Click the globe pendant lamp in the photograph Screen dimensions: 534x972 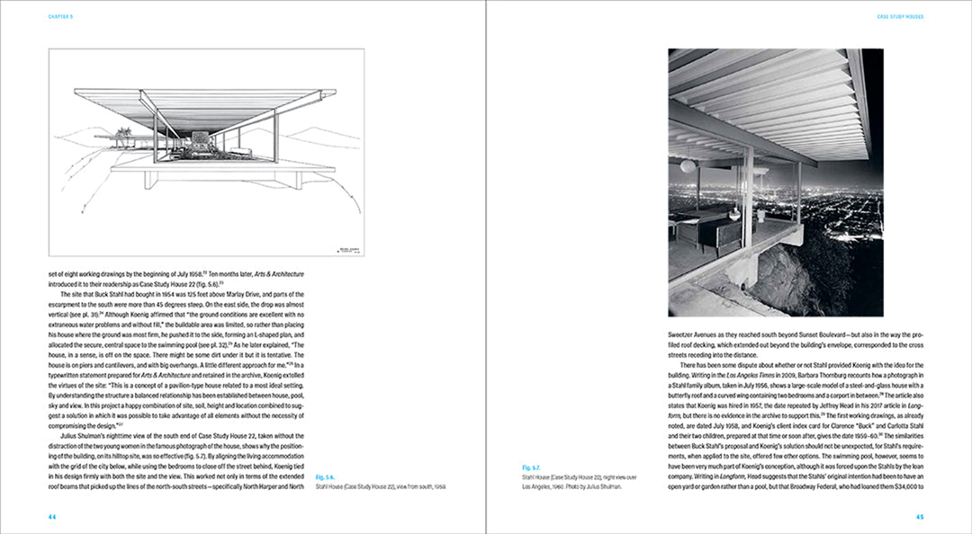tap(688, 166)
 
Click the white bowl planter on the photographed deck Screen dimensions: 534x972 tap(760, 215)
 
